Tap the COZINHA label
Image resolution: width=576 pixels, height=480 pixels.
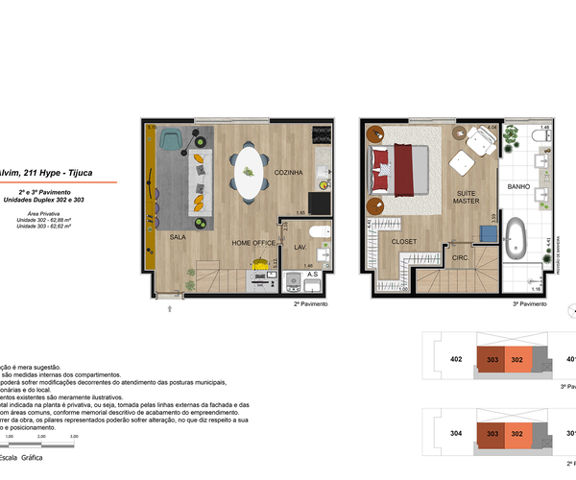(289, 173)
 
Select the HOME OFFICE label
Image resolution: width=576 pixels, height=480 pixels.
(253, 244)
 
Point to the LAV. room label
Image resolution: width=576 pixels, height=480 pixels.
(300, 247)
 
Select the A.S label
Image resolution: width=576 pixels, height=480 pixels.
(313, 276)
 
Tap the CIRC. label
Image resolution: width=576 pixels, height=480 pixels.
(460, 257)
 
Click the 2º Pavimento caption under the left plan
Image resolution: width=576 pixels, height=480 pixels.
(311, 303)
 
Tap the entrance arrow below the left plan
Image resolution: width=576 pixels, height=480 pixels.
(170, 308)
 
